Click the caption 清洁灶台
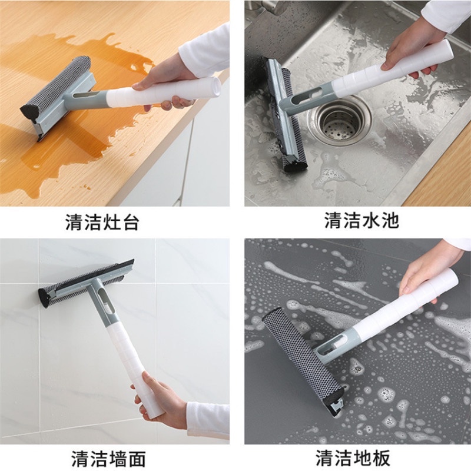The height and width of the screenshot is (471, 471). click(102, 222)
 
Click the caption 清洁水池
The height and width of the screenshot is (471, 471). click(361, 220)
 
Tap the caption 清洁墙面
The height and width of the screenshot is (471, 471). click(108, 459)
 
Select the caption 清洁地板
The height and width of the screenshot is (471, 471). click(353, 458)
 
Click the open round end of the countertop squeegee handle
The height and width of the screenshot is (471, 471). click(214, 87)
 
